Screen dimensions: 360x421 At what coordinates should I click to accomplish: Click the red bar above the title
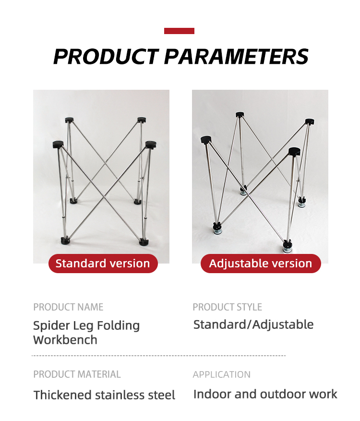(x=179, y=31)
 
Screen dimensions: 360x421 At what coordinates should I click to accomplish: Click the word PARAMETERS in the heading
(x=236, y=57)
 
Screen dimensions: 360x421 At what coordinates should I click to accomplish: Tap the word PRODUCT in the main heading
(x=106, y=57)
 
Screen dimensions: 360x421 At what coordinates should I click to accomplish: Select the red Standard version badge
(x=103, y=264)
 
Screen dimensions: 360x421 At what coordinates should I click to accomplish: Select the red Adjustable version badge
(x=261, y=264)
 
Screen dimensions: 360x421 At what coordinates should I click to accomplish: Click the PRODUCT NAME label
(x=68, y=307)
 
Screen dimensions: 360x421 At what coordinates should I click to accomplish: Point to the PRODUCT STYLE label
(x=228, y=307)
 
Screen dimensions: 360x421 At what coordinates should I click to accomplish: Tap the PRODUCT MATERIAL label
(x=77, y=374)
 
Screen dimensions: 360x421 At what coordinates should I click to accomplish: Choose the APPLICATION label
(x=221, y=374)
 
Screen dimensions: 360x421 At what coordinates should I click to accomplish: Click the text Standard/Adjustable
(x=253, y=325)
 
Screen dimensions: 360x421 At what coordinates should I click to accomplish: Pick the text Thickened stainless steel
(x=104, y=395)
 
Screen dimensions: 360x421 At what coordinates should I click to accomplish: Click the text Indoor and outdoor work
(x=265, y=394)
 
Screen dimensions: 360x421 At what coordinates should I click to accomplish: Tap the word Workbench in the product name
(x=65, y=340)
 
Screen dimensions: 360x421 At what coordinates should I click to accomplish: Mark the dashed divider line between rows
(x=158, y=356)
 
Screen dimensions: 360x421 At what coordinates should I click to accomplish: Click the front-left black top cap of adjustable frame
(x=206, y=140)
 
